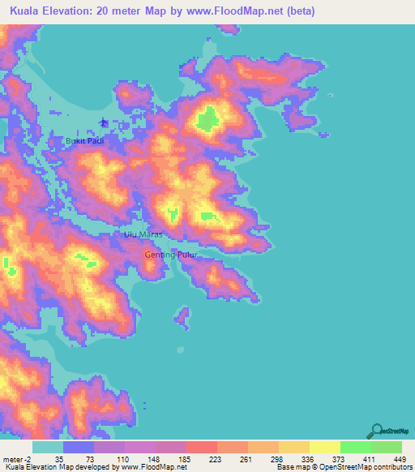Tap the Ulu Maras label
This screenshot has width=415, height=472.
tap(143, 234)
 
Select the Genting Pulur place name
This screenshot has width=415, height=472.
tap(171, 255)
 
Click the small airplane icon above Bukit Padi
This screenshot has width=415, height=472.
tap(103, 123)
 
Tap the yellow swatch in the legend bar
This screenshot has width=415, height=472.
tap(325, 447)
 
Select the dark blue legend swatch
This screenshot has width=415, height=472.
tap(79, 447)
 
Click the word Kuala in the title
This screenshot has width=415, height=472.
tap(28, 11)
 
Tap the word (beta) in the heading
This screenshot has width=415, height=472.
tap(297, 11)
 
